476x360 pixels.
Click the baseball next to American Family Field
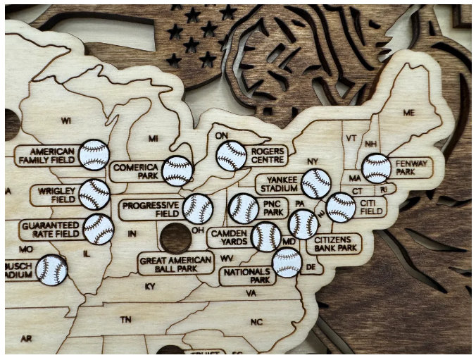(94, 155)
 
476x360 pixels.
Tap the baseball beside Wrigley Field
(94, 194)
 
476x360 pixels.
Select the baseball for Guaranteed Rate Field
(99, 229)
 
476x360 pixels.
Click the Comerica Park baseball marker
(177, 170)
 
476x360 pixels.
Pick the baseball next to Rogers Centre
(231, 156)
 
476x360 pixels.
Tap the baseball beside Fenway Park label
(376, 168)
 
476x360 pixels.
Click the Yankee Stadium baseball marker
(315, 183)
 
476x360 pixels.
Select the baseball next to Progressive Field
(198, 209)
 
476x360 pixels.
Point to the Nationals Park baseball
(287, 262)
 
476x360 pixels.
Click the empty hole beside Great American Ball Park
(175, 238)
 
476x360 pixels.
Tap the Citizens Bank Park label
(333, 244)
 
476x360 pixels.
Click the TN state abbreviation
(125, 320)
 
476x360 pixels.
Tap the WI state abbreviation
(65, 120)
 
